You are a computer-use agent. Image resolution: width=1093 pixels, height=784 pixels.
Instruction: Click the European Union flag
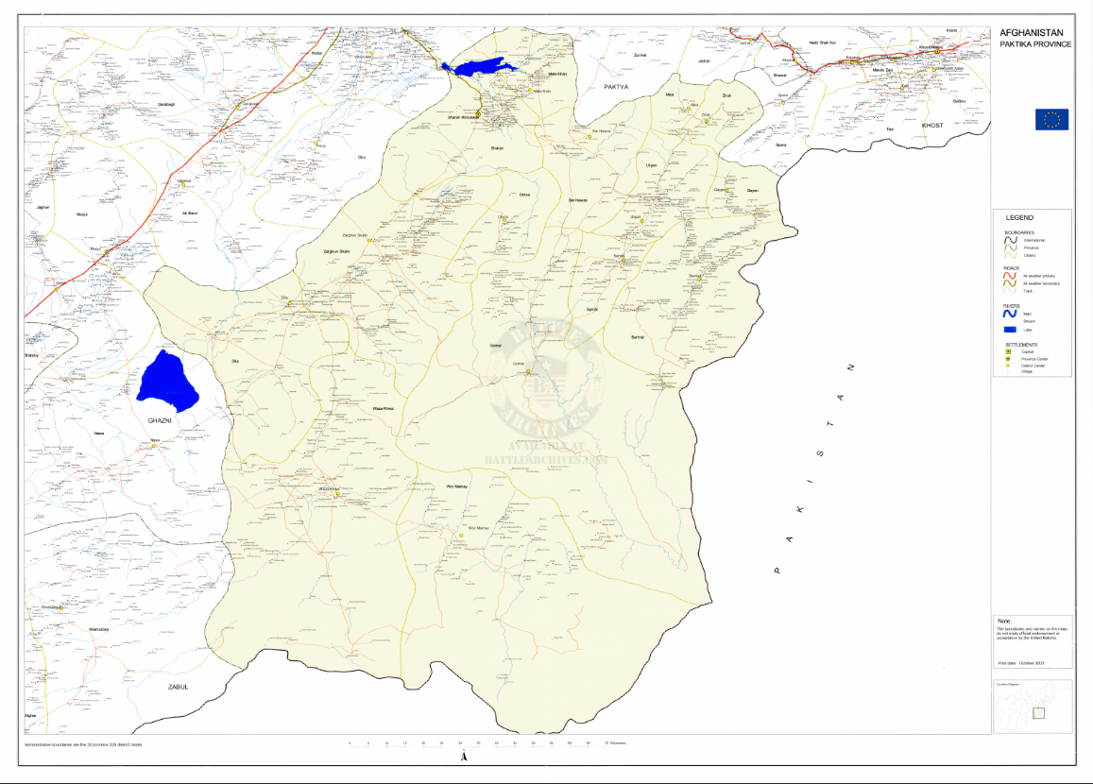pos(1051,119)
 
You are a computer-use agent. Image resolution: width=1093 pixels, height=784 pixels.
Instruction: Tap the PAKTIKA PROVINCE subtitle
pos(1035,44)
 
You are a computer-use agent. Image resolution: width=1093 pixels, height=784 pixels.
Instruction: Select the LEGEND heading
pos(1018,218)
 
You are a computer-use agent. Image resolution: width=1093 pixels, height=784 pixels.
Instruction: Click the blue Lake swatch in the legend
pos(1010,330)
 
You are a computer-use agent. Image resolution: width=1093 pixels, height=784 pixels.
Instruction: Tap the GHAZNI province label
pos(151,417)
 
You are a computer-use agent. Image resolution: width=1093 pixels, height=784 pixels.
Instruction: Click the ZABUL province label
pos(179,687)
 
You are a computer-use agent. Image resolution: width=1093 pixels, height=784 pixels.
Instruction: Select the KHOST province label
pos(932,125)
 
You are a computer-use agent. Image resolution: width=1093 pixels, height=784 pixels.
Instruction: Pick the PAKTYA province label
pos(617,86)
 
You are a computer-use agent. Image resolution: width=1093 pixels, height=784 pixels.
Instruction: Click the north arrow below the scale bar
pos(463,758)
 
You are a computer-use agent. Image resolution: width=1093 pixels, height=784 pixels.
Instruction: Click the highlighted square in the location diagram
pos(1039,713)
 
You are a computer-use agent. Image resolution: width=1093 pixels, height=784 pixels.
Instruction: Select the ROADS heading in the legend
pos(1012,268)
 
